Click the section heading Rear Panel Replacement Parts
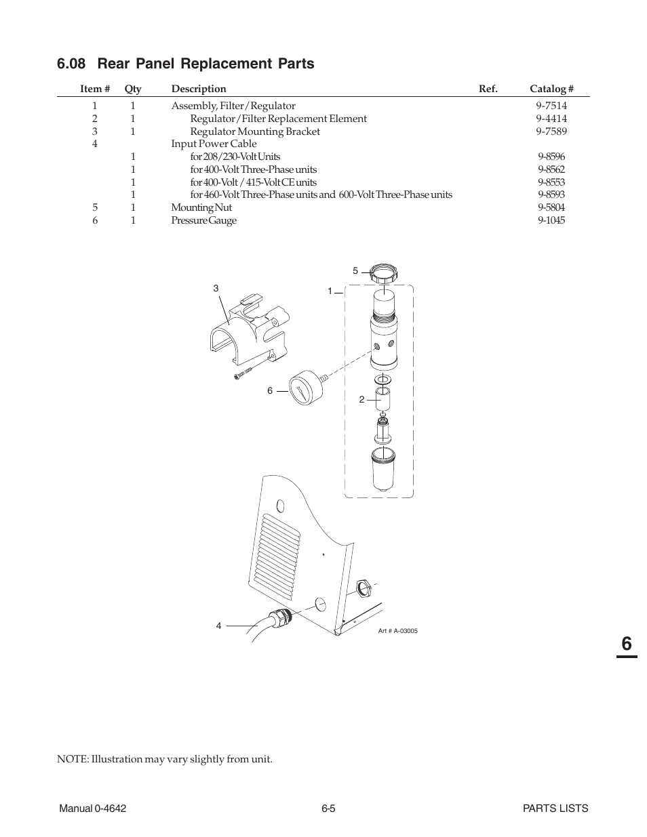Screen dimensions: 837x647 186,64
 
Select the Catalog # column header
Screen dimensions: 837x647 551,89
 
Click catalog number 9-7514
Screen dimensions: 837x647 551,106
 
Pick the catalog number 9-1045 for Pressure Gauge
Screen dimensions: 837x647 551,220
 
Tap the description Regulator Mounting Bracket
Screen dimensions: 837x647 254,131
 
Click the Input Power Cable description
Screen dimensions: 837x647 214,144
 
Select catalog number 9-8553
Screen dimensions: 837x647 551,182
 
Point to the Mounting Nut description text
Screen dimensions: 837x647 201,207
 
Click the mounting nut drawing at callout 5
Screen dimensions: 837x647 383,274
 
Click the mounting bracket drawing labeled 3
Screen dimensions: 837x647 251,329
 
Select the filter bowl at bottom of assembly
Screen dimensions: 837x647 383,469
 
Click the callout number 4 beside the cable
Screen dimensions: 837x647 218,626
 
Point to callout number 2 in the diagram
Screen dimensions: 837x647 361,399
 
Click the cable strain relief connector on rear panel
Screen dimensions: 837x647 280,617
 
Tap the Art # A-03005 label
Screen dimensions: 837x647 397,631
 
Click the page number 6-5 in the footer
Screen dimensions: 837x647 329,808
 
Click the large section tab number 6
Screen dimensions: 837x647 626,643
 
